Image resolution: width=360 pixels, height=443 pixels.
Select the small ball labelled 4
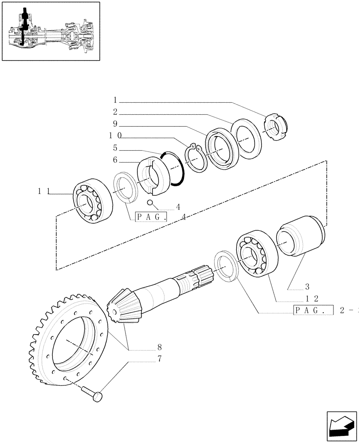pos(151,203)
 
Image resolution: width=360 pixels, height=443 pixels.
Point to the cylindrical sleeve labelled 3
pos(301,235)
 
